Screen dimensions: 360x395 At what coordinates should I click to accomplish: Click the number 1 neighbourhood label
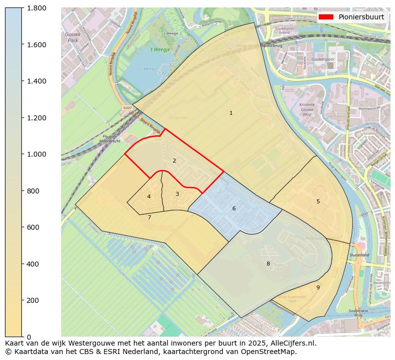pyautogui.click(x=231, y=113)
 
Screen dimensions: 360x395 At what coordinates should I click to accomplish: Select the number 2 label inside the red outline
pyautogui.click(x=174, y=161)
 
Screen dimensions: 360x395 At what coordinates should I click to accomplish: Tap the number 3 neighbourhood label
pyautogui.click(x=177, y=194)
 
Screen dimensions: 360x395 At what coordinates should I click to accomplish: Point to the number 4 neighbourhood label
pyautogui.click(x=149, y=197)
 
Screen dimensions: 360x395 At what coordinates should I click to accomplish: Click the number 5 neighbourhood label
pyautogui.click(x=318, y=201)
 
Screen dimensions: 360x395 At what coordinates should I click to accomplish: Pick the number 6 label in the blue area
pyautogui.click(x=234, y=208)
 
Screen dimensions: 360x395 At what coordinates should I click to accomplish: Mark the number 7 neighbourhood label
pyautogui.click(x=149, y=217)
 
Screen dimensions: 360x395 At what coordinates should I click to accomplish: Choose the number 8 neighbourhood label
pyautogui.click(x=268, y=264)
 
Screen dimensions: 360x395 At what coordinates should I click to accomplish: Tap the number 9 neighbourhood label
pyautogui.click(x=318, y=287)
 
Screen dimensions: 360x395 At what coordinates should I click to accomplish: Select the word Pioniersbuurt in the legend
pyautogui.click(x=361, y=17)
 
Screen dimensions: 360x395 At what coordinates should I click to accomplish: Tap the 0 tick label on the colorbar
pyautogui.click(x=29, y=337)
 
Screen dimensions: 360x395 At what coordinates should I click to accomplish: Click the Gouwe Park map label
pyautogui.click(x=73, y=37)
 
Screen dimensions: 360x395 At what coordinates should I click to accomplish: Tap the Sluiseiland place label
pyautogui.click(x=359, y=255)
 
